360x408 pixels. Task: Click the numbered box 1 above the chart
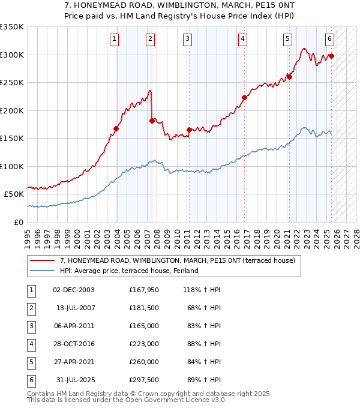(114, 39)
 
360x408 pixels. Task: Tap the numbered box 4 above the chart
(242, 39)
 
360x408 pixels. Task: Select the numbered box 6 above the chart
(329, 39)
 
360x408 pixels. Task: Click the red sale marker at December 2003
(116, 128)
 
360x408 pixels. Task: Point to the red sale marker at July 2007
(152, 121)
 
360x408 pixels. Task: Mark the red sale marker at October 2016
(244, 98)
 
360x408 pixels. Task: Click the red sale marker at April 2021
(289, 77)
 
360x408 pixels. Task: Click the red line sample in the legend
(43, 261)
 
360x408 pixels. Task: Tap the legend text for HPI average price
(129, 271)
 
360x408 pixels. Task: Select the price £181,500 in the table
(144, 308)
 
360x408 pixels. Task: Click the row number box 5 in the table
(30, 362)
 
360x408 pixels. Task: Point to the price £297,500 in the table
(144, 380)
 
